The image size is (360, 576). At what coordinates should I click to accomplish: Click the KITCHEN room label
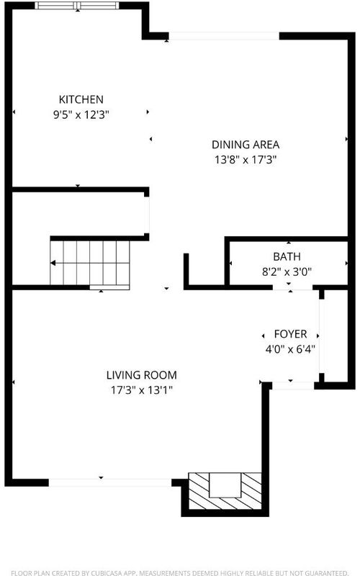pyautogui.click(x=81, y=99)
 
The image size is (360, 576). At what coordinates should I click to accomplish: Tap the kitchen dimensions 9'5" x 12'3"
pyautogui.click(x=81, y=115)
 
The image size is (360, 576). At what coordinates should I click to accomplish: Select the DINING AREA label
pyautogui.click(x=246, y=145)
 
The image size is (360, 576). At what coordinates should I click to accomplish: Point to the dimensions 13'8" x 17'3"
pyautogui.click(x=246, y=160)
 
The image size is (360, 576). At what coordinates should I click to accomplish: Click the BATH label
pyautogui.click(x=287, y=256)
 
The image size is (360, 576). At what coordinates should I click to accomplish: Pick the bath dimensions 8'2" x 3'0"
pyautogui.click(x=287, y=272)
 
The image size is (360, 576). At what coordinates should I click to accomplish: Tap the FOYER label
pyautogui.click(x=290, y=334)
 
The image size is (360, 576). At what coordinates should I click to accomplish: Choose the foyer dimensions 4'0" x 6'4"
pyautogui.click(x=290, y=349)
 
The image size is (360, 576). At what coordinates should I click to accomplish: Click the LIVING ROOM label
pyautogui.click(x=141, y=375)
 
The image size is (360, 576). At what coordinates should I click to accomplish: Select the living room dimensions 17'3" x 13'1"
pyautogui.click(x=141, y=390)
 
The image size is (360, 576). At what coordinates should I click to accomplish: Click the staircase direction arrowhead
pyautogui.click(x=53, y=263)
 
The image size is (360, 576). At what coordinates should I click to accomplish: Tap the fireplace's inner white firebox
pyautogui.click(x=225, y=485)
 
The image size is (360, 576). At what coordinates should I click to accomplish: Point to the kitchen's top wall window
pyautogui.click(x=77, y=6)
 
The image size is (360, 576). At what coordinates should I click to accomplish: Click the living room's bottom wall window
pyautogui.click(x=110, y=482)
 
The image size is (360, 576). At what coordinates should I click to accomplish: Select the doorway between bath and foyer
pyautogui.click(x=293, y=287)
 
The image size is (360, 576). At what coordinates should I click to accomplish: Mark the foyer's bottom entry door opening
pyautogui.click(x=293, y=386)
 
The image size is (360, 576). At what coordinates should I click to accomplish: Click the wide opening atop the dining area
pyautogui.click(x=224, y=36)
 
